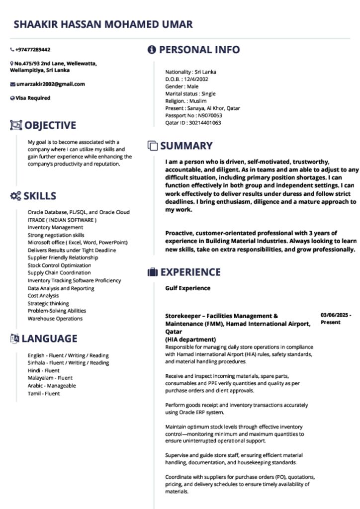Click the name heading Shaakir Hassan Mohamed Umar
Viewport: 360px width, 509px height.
tap(103, 24)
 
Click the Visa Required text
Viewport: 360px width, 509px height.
tap(33, 98)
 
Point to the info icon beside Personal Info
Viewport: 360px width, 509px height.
tap(152, 50)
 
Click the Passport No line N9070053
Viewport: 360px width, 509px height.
tap(193, 115)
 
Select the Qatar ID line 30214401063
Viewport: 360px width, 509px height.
tap(193, 123)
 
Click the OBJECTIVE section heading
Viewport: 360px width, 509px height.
tap(50, 125)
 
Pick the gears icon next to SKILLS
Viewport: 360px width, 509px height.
tap(15, 196)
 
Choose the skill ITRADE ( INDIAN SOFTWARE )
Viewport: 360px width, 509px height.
tap(62, 220)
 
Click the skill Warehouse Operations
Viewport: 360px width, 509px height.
tap(55, 319)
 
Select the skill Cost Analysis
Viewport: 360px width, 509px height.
tap(43, 296)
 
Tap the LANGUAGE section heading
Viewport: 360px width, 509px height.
tap(49, 339)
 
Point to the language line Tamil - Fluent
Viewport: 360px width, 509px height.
tap(44, 393)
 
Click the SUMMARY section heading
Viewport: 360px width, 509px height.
tap(186, 146)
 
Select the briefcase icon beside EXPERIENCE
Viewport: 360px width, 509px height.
tap(153, 272)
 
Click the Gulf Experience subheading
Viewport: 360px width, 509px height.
tap(188, 288)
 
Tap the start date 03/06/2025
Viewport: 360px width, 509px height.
tap(335, 315)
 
